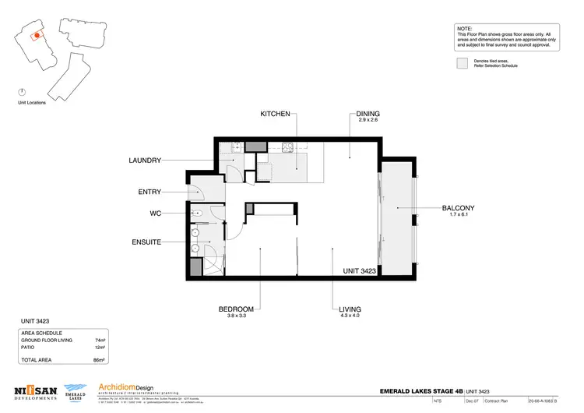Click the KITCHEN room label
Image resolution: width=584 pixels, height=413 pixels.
[275, 114]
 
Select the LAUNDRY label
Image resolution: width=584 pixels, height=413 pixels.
[146, 161]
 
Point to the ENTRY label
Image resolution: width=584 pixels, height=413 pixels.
[150, 192]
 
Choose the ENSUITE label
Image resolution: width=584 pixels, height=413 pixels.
[146, 242]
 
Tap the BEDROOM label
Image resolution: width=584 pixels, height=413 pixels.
[236, 309]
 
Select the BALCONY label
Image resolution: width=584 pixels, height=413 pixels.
[458, 208]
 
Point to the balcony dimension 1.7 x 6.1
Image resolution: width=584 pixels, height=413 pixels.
[458, 215]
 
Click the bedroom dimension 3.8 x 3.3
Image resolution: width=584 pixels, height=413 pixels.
[236, 316]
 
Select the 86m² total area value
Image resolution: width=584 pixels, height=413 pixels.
[100, 361]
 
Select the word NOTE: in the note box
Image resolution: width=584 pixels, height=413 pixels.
[464, 28]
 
